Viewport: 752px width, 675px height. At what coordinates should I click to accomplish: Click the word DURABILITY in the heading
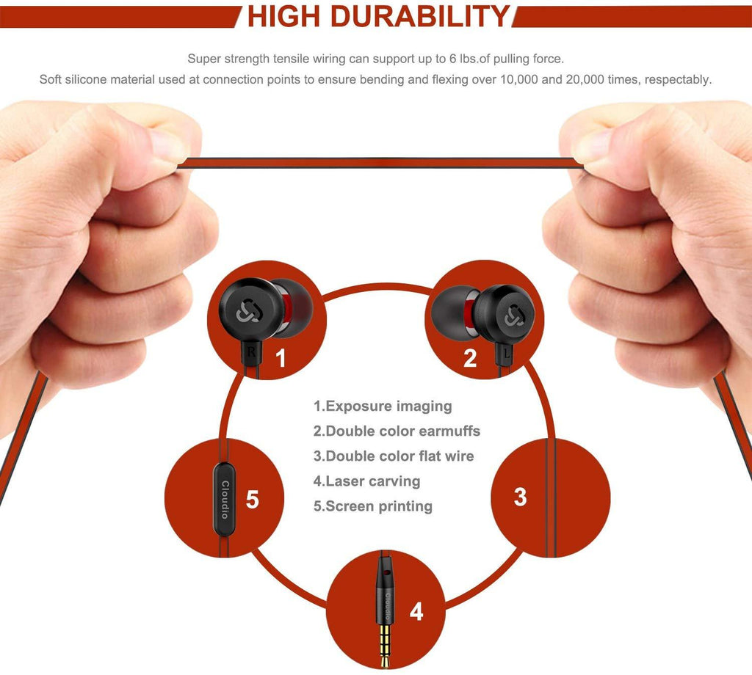point(420,16)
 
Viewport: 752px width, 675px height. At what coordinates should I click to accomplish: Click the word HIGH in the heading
point(283,16)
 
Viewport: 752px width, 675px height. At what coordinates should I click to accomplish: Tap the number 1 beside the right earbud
point(281,358)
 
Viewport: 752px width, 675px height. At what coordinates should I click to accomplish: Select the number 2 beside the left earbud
point(470,358)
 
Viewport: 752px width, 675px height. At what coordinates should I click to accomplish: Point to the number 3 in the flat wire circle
point(521,497)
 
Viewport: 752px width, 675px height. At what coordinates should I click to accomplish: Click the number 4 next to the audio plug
point(416,612)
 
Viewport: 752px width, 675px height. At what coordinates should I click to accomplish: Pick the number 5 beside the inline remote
point(253,500)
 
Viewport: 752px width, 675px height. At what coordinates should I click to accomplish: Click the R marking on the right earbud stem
point(251,352)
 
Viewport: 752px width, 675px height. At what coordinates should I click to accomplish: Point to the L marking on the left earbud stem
point(507,354)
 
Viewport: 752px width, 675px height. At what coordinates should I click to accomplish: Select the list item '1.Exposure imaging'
point(382,406)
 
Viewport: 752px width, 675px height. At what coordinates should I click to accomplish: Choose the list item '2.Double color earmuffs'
point(397,431)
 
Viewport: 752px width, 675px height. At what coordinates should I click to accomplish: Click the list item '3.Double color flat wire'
point(394,456)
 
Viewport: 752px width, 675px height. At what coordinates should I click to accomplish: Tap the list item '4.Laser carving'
point(366,481)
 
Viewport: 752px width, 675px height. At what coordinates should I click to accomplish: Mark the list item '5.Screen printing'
point(372,506)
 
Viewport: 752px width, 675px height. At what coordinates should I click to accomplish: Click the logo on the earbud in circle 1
point(248,310)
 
